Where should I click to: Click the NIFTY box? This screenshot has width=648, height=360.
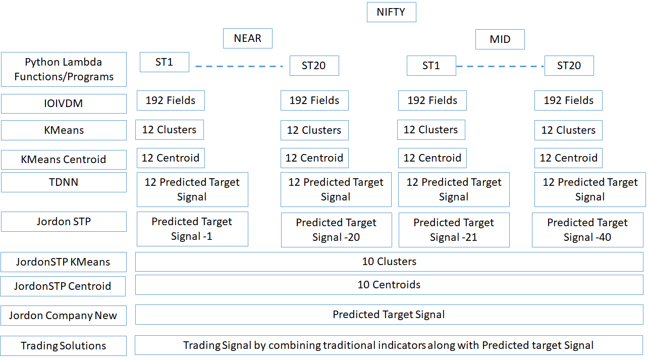392,12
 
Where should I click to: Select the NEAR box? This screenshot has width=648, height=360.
248,38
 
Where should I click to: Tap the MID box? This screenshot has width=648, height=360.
500,39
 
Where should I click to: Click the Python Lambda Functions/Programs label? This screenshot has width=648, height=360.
64,70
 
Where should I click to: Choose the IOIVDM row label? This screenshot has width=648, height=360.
64,104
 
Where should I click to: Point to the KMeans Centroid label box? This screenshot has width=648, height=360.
64,160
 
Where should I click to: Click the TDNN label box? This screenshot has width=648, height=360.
64,182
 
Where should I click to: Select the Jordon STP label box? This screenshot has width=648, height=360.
64,222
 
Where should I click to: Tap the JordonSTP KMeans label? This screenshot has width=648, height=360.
64,262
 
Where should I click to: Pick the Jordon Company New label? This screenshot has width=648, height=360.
64,316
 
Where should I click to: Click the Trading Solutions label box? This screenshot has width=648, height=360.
64,346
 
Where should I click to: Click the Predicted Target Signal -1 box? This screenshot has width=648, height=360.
192,229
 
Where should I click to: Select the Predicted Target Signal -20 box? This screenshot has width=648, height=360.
337,230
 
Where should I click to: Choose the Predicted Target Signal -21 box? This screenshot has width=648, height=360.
454,230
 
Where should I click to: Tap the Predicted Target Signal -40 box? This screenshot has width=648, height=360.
587,230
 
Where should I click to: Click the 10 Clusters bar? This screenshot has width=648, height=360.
390,262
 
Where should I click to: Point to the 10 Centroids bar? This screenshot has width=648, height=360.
390,285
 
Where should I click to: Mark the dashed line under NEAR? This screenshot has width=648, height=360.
239,66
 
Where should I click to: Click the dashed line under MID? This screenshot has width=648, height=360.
500,66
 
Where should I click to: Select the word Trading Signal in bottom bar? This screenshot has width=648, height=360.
217,345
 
